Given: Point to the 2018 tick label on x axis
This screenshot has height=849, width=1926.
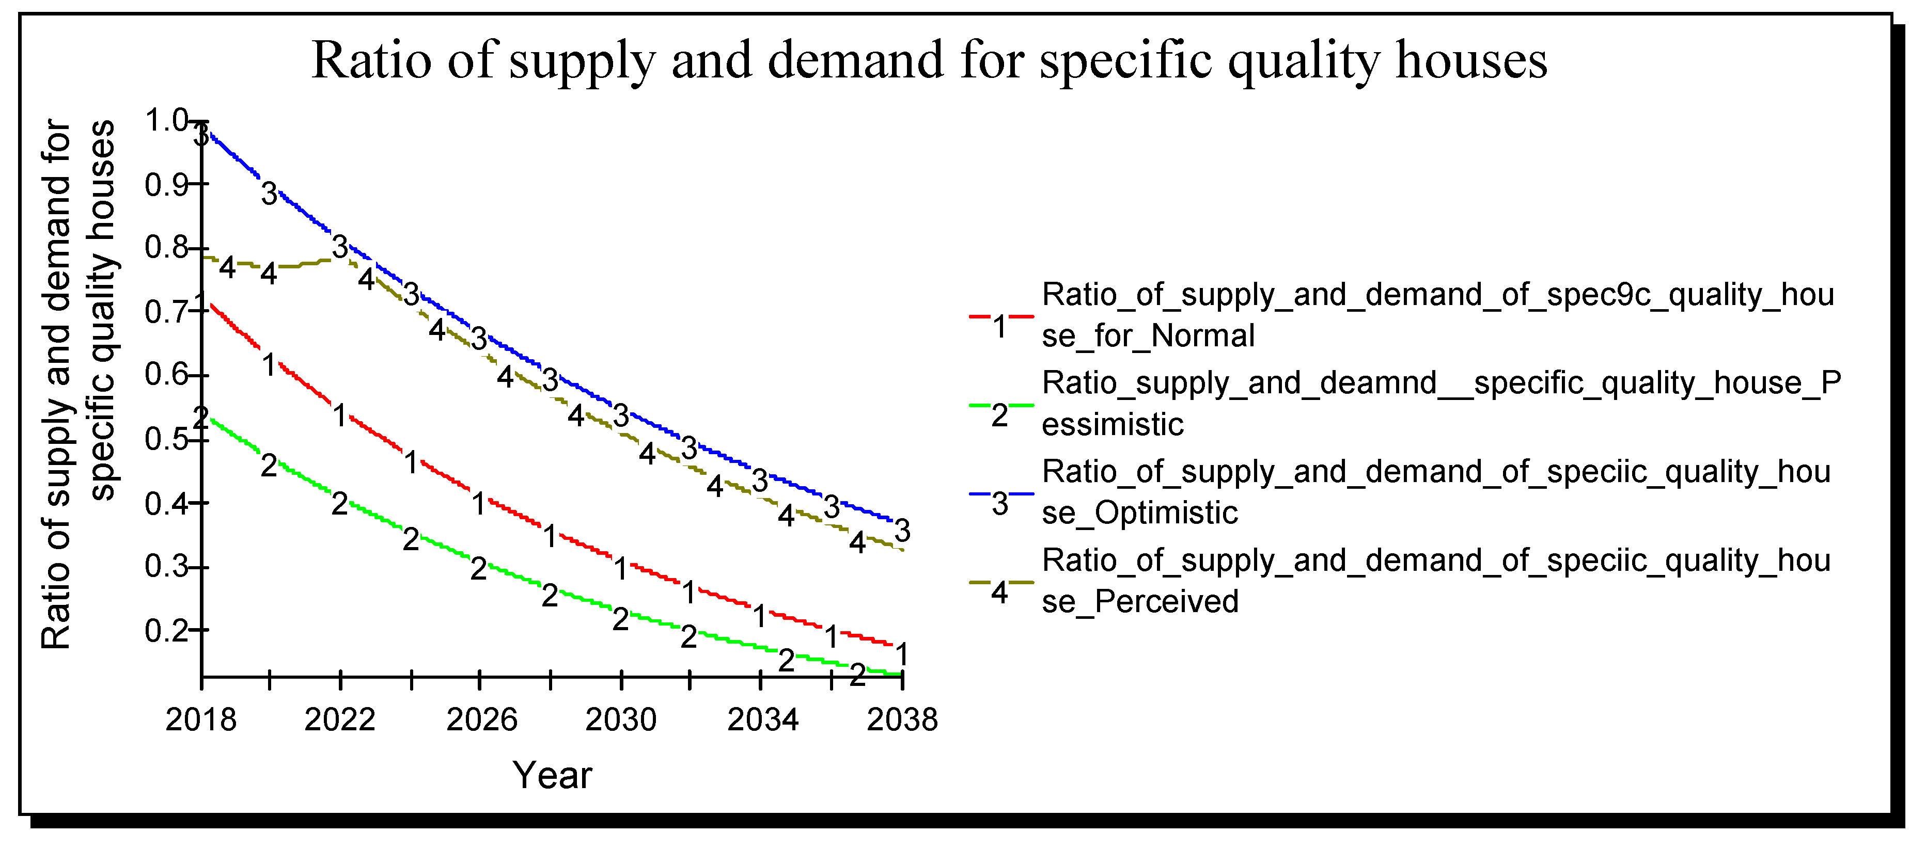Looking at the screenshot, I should (200, 719).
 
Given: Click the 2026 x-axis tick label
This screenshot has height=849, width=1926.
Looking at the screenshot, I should (481, 719).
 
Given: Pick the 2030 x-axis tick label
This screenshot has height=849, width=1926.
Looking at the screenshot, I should (621, 719).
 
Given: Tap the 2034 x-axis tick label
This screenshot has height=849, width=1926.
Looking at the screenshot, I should (763, 719).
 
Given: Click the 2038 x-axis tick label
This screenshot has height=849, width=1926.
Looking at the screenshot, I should (902, 719).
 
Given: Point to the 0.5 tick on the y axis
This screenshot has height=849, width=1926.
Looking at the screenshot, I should (166, 439).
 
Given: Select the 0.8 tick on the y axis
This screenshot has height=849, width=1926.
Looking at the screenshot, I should (166, 247).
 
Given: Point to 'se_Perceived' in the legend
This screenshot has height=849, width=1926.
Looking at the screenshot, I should (1139, 602).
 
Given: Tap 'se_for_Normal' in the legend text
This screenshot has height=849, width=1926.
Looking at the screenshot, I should (1148, 337).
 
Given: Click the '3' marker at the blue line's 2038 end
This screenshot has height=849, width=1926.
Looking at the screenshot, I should (902, 531).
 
